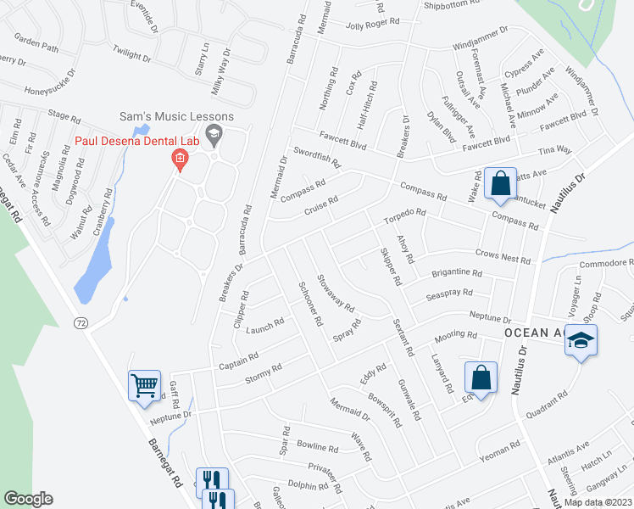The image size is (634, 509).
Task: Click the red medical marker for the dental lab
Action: (x=179, y=159)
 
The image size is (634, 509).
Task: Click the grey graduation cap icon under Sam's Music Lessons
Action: (x=214, y=132)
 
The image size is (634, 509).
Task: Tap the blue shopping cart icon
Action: (x=144, y=385)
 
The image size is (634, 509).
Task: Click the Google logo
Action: (x=28, y=499)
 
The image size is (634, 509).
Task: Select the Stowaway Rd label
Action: (x=336, y=293)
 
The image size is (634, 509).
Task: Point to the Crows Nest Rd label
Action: (x=503, y=257)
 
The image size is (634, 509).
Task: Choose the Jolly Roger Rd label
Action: (x=372, y=23)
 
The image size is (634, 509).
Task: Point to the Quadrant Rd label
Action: (x=546, y=407)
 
